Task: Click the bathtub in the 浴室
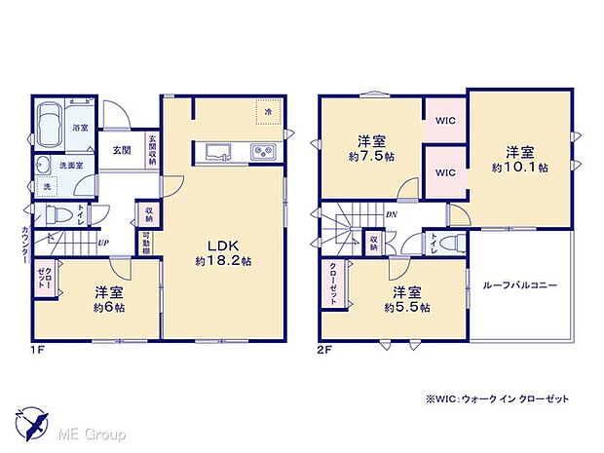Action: tap(51, 128)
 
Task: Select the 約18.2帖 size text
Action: tap(222, 261)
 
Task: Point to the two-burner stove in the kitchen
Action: tap(263, 151)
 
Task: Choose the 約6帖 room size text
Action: tap(109, 307)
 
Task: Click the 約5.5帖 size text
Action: tap(408, 307)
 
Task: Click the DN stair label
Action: tap(391, 215)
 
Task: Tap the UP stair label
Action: tap(102, 245)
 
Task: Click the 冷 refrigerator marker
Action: tap(269, 113)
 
